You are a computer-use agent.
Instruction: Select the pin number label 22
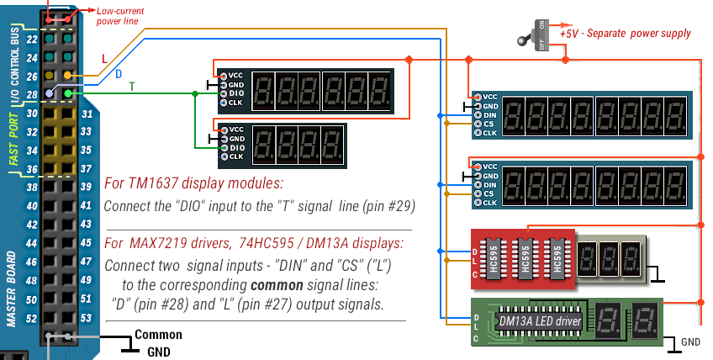tap(32, 40)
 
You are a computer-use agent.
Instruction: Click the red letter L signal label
tap(104, 59)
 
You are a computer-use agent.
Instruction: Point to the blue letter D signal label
tap(119, 74)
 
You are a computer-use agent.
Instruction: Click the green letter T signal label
tap(131, 86)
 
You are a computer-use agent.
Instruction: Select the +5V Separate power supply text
tap(637, 34)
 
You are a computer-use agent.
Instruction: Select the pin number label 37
tap(87, 169)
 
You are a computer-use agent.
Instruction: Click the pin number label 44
tap(32, 243)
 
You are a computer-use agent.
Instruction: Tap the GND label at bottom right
tap(690, 342)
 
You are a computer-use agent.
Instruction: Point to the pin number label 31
tap(87, 114)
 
